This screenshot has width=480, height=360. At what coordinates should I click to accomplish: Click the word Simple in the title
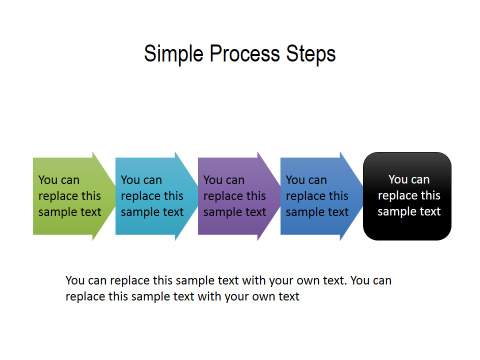click(172, 54)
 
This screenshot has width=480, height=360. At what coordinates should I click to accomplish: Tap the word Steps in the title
click(310, 54)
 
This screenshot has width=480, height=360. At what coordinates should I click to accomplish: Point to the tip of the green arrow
click(116, 196)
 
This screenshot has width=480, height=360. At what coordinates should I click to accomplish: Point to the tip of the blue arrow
click(363, 196)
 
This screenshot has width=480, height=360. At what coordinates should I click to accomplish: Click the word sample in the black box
click(397, 212)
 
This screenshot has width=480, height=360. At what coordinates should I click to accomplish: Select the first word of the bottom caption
click(76, 281)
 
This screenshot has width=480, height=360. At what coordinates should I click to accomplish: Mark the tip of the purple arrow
click(281, 196)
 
